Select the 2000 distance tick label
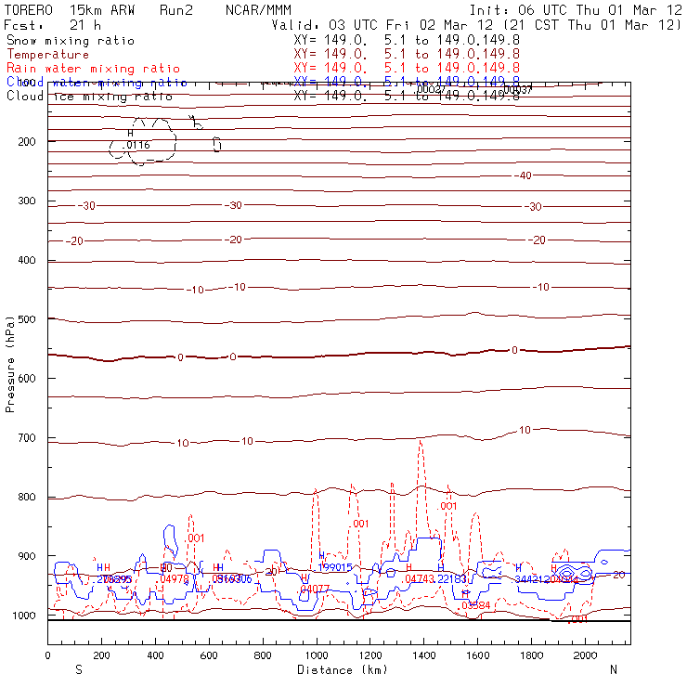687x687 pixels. pyautogui.click(x=585, y=655)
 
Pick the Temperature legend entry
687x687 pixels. pyautogui.click(x=47, y=55)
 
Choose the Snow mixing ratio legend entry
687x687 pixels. pyautogui.click(x=70, y=41)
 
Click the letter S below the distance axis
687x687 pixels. pyautogui.click(x=78, y=668)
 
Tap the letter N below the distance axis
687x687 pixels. pyautogui.click(x=613, y=668)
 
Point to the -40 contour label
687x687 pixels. pyautogui.click(x=524, y=175)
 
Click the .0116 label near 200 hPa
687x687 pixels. pyautogui.click(x=137, y=146)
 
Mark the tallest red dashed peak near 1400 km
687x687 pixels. pyautogui.click(x=421, y=442)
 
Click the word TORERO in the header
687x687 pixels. pyautogui.click(x=29, y=9)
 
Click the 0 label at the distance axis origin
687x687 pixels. pyautogui.click(x=47, y=655)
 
